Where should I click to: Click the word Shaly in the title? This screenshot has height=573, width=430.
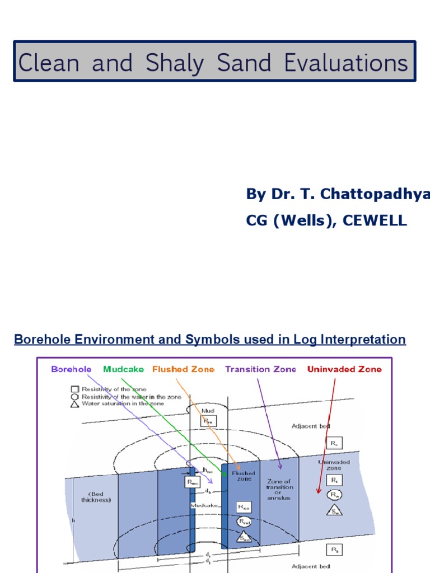tap(174, 63)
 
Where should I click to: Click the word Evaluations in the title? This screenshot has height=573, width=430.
tap(345, 63)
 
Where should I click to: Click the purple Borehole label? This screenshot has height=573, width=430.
tap(71, 369)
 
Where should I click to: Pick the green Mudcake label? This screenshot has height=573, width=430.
tap(123, 369)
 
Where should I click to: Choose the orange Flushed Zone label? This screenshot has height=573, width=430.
tap(183, 369)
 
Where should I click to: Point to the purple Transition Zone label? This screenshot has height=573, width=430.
tap(260, 369)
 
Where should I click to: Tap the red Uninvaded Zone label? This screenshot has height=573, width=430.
tap(344, 369)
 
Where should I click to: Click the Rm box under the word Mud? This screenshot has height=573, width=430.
tap(208, 421)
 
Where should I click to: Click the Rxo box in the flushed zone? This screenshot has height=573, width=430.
tap(244, 508)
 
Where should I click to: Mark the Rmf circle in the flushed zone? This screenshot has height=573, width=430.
tap(244, 523)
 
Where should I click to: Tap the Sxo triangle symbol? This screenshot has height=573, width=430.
tap(244, 537)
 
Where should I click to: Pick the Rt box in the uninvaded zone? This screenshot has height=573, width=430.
tap(334, 480)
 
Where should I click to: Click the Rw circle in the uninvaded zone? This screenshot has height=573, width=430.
tap(334, 495)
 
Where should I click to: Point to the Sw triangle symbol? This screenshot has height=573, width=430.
tap(334, 510)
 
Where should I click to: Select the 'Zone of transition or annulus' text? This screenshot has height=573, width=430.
tap(279, 489)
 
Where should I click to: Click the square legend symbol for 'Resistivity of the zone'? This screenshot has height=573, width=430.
tap(74, 389)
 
